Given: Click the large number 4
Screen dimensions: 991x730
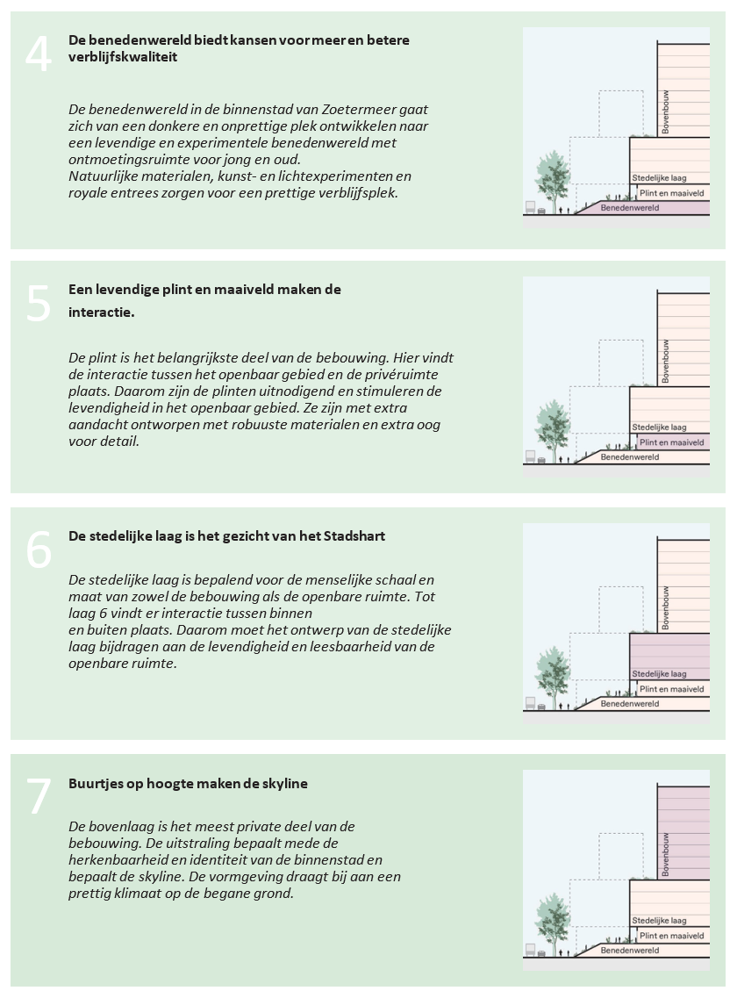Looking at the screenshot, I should tap(39, 55).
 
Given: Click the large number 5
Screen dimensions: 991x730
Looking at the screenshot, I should tap(39, 303).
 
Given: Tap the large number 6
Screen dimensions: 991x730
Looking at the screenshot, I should tap(39, 549).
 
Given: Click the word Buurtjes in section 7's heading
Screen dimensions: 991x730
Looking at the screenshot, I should tap(95, 783).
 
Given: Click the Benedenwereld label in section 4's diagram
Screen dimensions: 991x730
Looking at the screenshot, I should tap(629, 208).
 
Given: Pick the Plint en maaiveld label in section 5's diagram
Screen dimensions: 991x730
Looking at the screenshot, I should tap(671, 442).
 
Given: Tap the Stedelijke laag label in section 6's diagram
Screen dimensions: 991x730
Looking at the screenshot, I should tap(659, 674).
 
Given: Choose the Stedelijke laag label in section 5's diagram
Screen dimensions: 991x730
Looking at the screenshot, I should tap(659, 427).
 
